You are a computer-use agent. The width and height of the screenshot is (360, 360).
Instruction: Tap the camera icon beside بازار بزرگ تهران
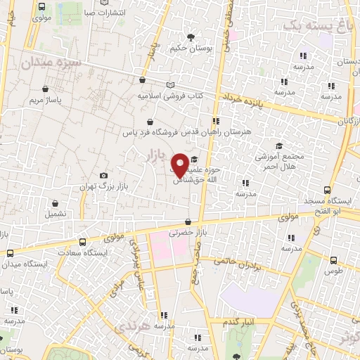pos(104,175)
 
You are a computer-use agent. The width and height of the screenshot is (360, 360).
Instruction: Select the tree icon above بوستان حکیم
pos(189,37)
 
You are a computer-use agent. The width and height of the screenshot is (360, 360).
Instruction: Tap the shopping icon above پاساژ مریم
pos(45,89)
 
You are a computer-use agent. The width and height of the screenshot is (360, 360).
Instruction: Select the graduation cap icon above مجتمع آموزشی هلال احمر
pos(279,146)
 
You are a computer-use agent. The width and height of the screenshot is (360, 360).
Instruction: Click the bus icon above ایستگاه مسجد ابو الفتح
pos(328,191)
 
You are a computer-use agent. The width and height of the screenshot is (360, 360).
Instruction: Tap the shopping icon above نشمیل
pos(53,201)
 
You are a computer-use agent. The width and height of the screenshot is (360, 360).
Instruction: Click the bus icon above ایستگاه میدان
pos(10,253)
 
